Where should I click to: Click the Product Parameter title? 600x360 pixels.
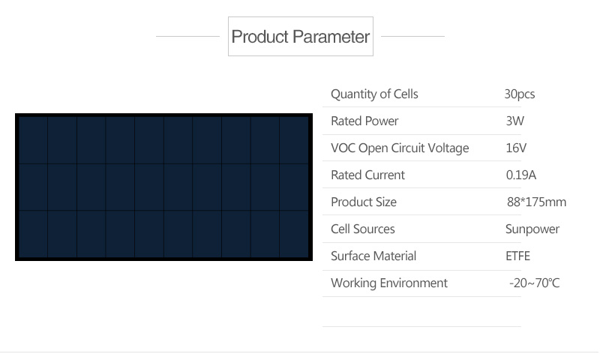click(x=301, y=37)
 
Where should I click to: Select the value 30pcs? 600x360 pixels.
click(x=519, y=94)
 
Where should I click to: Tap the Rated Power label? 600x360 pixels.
click(x=364, y=121)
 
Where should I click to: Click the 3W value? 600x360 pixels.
click(x=514, y=121)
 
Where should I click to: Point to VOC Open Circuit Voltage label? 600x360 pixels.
click(x=400, y=148)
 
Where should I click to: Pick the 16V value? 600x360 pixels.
click(x=516, y=148)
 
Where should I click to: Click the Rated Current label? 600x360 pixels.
click(x=367, y=175)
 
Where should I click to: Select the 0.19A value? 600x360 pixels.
click(x=520, y=175)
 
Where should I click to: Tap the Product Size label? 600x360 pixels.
click(x=364, y=202)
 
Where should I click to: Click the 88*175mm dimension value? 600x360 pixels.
click(x=536, y=202)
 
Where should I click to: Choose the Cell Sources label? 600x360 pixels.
click(x=362, y=229)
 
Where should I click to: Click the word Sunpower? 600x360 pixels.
click(x=532, y=229)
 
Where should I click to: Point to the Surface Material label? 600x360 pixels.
click(x=373, y=256)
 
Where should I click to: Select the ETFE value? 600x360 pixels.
click(x=517, y=256)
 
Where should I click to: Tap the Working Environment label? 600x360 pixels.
click(x=388, y=283)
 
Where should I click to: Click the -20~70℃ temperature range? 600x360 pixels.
click(x=534, y=283)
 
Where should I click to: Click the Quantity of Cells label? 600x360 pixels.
click(x=374, y=94)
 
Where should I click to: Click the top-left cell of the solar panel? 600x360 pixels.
click(x=33, y=140)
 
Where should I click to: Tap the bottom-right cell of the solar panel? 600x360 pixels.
click(x=294, y=234)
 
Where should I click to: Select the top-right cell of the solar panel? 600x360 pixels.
click(x=294, y=140)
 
